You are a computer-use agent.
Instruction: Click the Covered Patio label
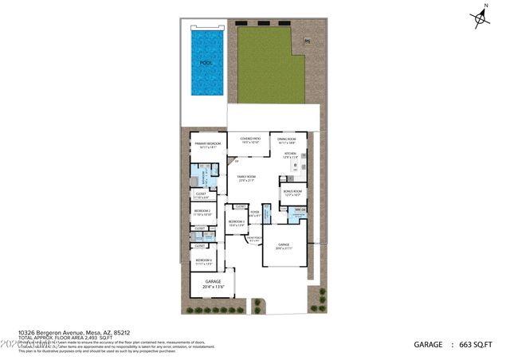coord(251,140)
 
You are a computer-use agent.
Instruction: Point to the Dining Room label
coord(286,141)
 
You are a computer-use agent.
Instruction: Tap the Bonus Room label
coord(292,192)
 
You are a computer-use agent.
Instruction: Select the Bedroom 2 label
coord(202,212)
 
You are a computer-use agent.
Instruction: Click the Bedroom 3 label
coord(237,223)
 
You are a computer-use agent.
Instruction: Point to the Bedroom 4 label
coord(204,261)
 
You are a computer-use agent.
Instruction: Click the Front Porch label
coord(254,239)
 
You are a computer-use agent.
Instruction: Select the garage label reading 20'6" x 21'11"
coord(284,246)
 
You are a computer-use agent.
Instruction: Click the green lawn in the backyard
coord(271,68)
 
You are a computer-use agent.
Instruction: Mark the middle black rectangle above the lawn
coord(265,22)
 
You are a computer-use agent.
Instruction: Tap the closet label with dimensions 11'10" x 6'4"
coord(201,194)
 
